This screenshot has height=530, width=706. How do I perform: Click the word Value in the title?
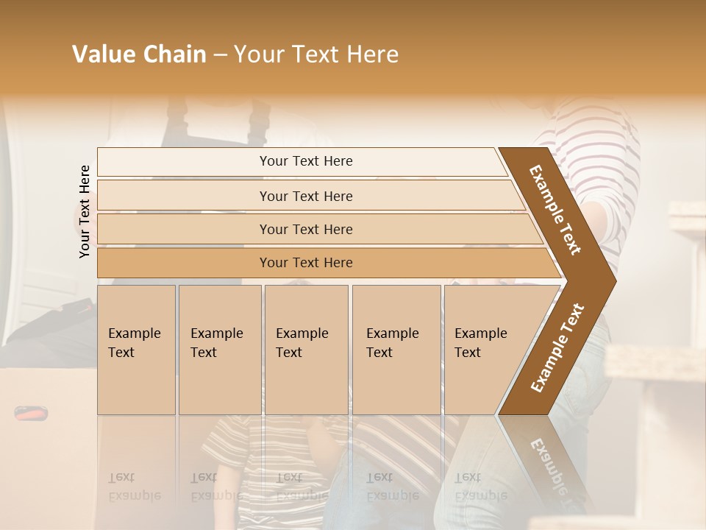tap(101, 54)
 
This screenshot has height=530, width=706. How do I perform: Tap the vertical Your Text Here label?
tap(85, 211)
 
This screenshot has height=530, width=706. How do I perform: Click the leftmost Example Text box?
tap(136, 350)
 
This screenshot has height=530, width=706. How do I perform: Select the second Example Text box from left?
tap(220, 350)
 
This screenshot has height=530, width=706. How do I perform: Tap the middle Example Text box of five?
tap(306, 350)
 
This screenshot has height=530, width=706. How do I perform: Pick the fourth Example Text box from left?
tap(396, 350)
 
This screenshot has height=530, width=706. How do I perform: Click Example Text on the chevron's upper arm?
tap(556, 210)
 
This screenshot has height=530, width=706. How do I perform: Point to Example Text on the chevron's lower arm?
tap(557, 348)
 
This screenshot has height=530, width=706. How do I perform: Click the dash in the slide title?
tap(220, 55)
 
